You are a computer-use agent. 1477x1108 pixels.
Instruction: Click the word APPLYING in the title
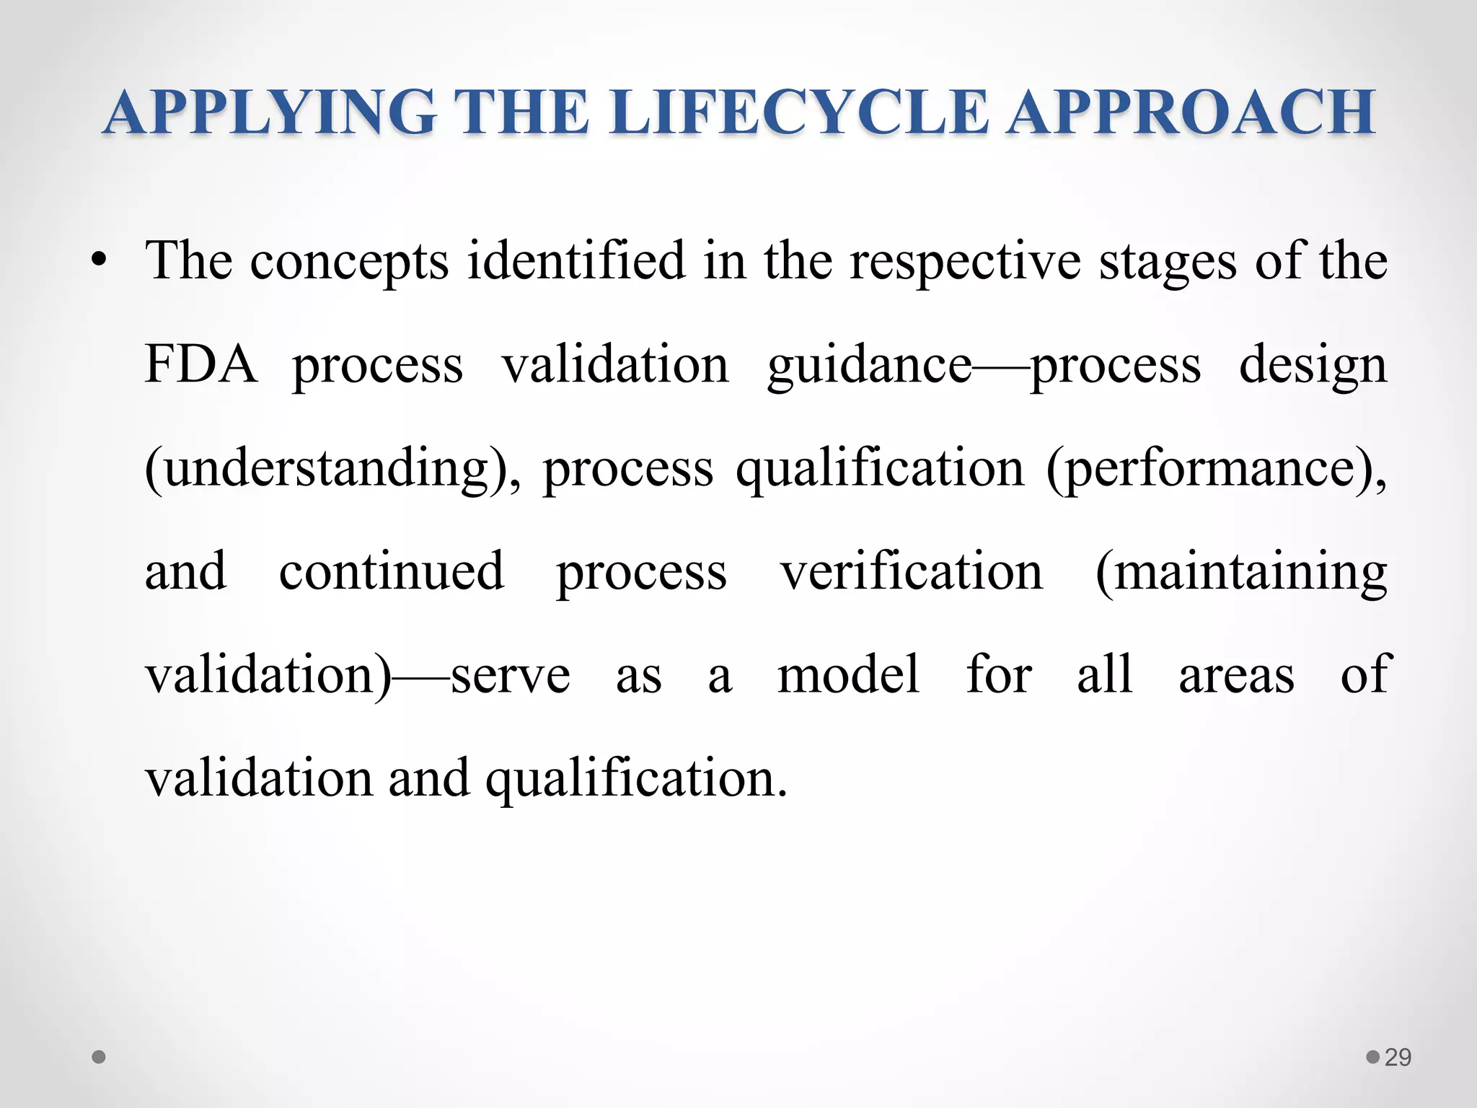pos(270,113)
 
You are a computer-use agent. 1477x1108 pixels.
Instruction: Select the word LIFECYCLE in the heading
pos(799,113)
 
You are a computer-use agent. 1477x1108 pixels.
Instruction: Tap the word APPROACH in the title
pos(1191,113)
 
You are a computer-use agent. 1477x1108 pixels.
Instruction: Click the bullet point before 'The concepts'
pos(99,261)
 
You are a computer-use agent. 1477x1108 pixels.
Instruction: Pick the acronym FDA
pos(200,364)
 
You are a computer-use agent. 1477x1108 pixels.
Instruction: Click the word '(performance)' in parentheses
pos(1216,470)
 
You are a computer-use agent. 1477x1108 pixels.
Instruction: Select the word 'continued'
pos(392,571)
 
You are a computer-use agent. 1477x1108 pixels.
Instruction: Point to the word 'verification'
pos(912,571)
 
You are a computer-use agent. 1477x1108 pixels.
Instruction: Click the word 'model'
pos(848,674)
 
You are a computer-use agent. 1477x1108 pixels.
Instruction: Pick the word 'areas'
pos(1236,676)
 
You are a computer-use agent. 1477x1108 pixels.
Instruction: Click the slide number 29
pos(1398,1058)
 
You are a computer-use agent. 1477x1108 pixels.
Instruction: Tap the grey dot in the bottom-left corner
pos(100,1058)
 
